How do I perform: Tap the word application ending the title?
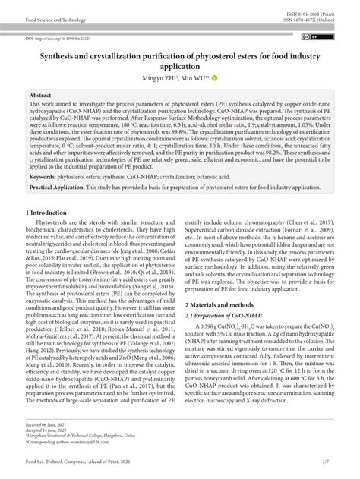pos(180,66)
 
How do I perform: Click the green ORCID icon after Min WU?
pos(214,78)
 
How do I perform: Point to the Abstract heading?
pos(39,97)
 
